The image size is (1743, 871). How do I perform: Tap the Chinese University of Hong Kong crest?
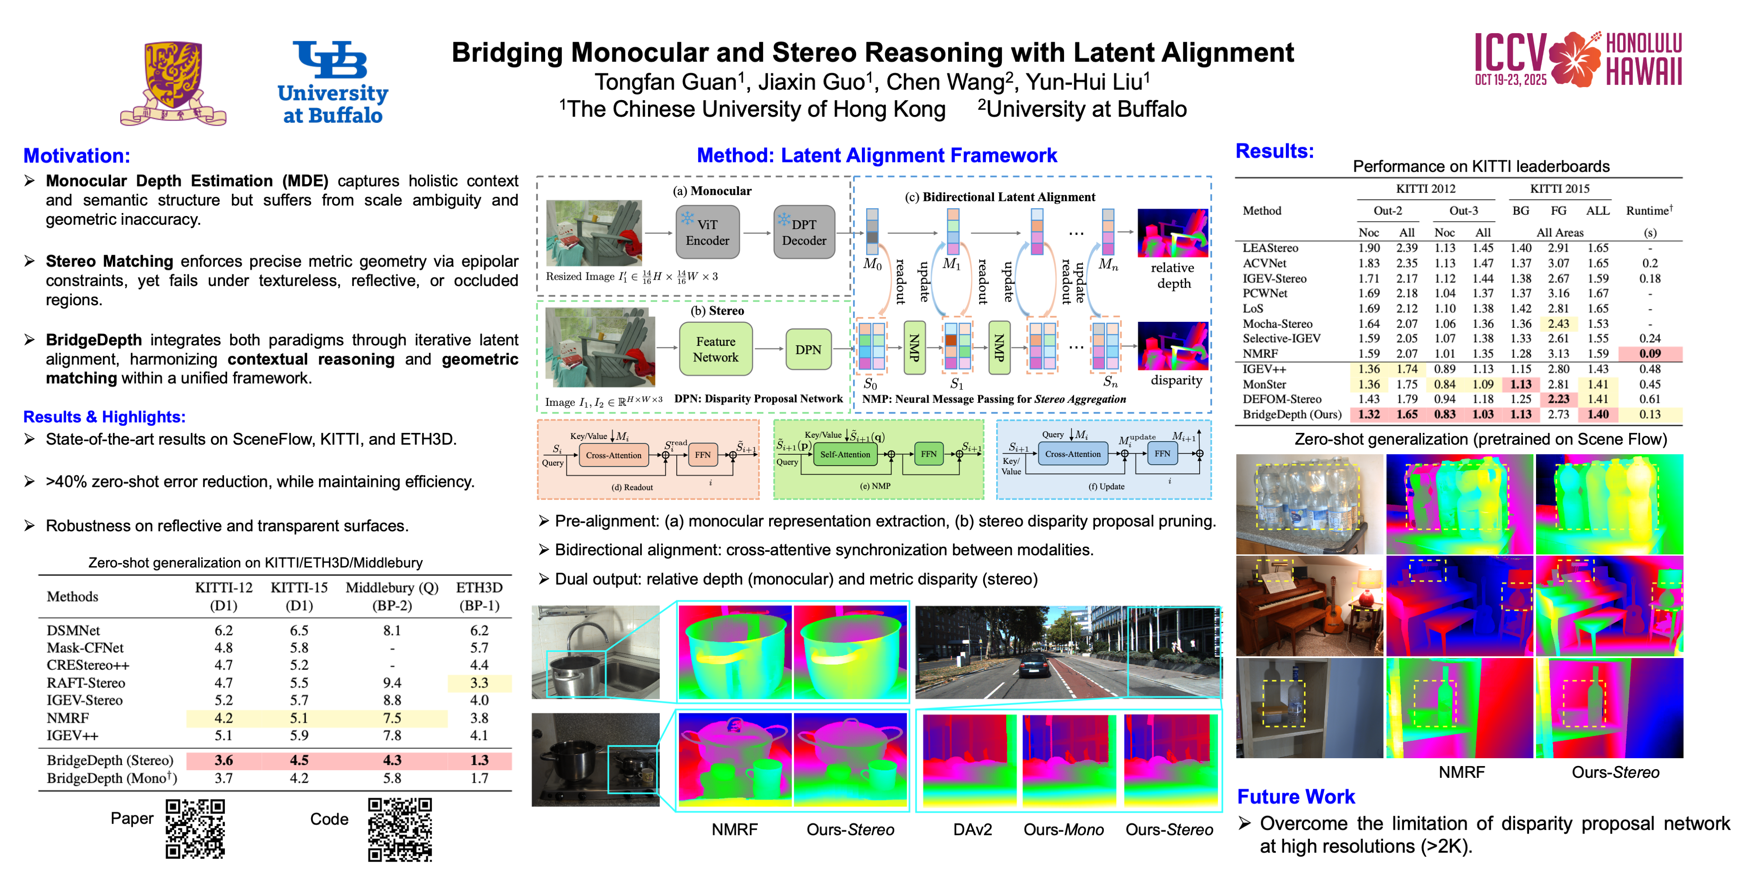pyautogui.click(x=173, y=82)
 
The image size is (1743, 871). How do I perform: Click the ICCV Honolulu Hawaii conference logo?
pyautogui.click(x=1577, y=60)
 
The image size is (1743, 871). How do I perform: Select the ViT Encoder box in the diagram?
pyautogui.click(x=707, y=232)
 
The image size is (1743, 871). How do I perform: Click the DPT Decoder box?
pyautogui.click(x=804, y=232)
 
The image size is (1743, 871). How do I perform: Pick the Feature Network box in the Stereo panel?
pyautogui.click(x=715, y=349)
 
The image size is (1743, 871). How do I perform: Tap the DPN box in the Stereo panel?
pyautogui.click(x=808, y=349)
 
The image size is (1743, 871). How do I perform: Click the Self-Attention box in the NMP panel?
pyautogui.click(x=844, y=454)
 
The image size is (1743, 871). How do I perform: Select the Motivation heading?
pyautogui.click(x=76, y=155)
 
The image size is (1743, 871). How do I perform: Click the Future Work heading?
pyautogui.click(x=1296, y=797)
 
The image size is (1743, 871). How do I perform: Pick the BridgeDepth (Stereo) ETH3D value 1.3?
pyautogui.click(x=479, y=760)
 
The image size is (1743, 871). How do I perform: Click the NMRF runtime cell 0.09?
pyautogui.click(x=1650, y=353)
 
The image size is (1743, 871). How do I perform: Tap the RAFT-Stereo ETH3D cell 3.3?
pyautogui.click(x=479, y=683)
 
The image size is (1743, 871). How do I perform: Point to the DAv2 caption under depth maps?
pyautogui.click(x=972, y=829)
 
